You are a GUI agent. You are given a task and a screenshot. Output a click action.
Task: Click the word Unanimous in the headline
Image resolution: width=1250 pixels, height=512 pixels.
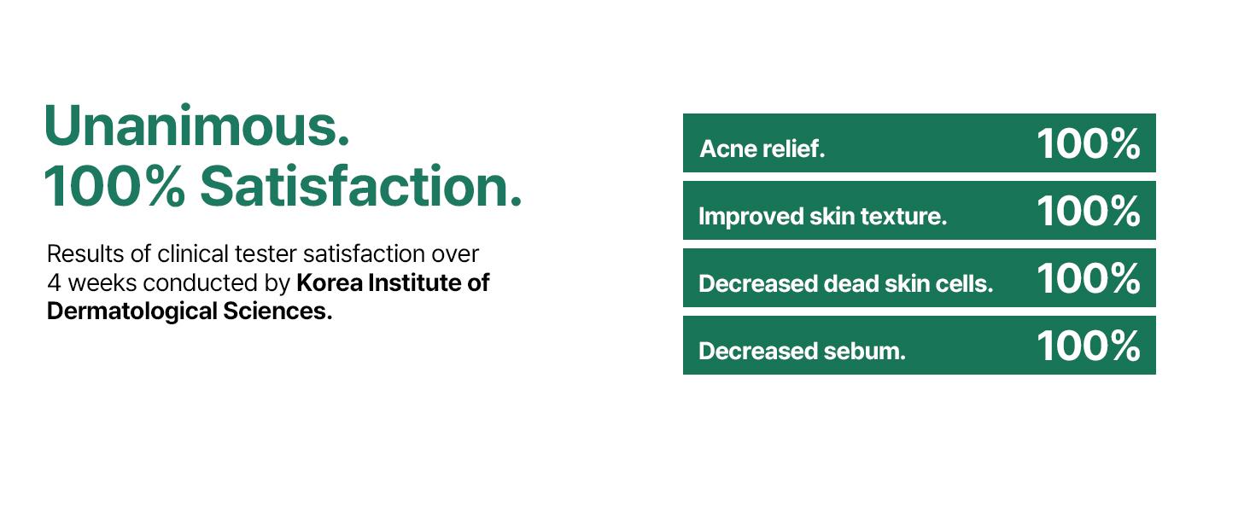[x=196, y=125]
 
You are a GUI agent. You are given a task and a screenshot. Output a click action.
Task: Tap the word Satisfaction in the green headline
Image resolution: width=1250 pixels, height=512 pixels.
[x=361, y=186]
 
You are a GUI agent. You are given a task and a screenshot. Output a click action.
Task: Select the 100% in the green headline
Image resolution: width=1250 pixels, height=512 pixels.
[x=114, y=186]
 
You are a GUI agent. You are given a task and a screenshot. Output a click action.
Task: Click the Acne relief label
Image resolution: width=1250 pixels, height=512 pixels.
[x=762, y=149]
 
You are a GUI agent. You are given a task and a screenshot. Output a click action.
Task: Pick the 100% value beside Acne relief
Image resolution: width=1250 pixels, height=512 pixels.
[x=1088, y=144]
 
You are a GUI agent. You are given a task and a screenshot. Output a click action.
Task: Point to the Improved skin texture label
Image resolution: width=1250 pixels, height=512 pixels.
[x=822, y=217]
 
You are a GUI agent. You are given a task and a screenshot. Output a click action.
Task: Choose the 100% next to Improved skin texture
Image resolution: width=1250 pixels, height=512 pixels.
[x=1088, y=212]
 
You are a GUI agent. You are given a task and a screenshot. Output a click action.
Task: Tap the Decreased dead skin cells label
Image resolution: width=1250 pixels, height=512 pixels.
[x=845, y=283]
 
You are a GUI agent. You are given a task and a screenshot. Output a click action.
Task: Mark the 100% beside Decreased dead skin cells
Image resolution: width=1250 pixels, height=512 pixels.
[x=1088, y=279]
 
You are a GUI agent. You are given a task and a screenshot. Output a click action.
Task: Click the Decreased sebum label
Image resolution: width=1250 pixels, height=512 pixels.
[x=802, y=351]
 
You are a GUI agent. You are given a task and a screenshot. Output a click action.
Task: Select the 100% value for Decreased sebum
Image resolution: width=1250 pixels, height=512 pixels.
[x=1088, y=346]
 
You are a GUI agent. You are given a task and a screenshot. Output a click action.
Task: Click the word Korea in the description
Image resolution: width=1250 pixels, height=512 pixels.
[x=330, y=282]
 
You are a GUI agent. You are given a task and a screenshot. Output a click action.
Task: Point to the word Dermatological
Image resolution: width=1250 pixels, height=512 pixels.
[x=132, y=311]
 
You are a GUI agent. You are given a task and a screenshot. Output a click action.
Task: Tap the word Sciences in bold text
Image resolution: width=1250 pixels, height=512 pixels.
[x=277, y=311]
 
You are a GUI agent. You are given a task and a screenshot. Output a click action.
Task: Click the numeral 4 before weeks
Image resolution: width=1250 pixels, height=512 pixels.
[x=54, y=282]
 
